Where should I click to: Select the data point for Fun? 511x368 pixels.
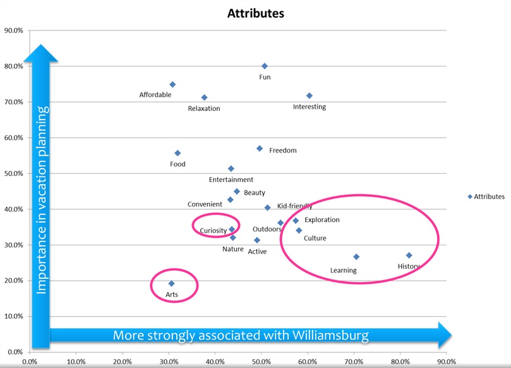click(x=265, y=66)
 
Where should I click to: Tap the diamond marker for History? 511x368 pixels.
click(x=409, y=255)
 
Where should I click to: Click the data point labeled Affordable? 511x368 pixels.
click(x=172, y=84)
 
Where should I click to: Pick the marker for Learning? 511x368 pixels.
click(x=356, y=257)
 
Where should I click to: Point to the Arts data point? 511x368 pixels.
click(x=171, y=283)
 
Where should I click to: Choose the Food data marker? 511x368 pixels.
click(x=177, y=153)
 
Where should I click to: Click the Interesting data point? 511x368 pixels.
click(x=310, y=95)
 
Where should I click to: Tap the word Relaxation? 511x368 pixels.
click(x=204, y=108)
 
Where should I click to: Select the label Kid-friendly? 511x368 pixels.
click(x=294, y=206)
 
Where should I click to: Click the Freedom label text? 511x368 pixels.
click(x=282, y=150)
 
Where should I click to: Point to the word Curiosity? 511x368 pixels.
click(x=213, y=231)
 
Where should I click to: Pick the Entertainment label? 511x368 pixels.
click(x=231, y=180)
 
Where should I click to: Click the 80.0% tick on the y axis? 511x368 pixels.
click(x=14, y=66)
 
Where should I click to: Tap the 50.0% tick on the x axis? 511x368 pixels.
click(x=261, y=362)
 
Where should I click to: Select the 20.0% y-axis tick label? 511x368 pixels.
click(x=14, y=281)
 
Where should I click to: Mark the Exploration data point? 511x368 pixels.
click(x=296, y=221)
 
